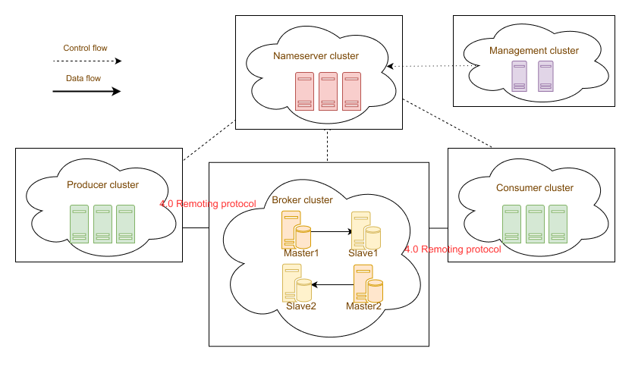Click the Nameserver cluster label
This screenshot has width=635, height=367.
pyautogui.click(x=316, y=56)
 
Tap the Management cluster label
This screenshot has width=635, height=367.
pyautogui.click(x=534, y=51)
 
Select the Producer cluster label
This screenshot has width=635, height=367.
pyautogui.click(x=102, y=185)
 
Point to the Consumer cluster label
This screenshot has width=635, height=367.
pyautogui.click(x=535, y=188)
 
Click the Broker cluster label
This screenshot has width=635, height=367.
pyautogui.click(x=302, y=200)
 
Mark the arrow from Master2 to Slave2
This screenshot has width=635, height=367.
pyautogui.click(x=332, y=285)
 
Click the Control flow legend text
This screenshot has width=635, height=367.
pyautogui.click(x=85, y=48)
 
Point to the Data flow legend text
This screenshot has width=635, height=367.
pyautogui.click(x=83, y=77)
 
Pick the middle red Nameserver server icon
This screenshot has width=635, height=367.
pyautogui.click(x=328, y=90)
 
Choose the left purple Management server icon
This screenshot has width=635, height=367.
pyautogui.click(x=519, y=77)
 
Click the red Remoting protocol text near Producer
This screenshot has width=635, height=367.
pyautogui.click(x=209, y=204)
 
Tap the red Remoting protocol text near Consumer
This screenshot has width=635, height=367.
pyautogui.click(x=453, y=249)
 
